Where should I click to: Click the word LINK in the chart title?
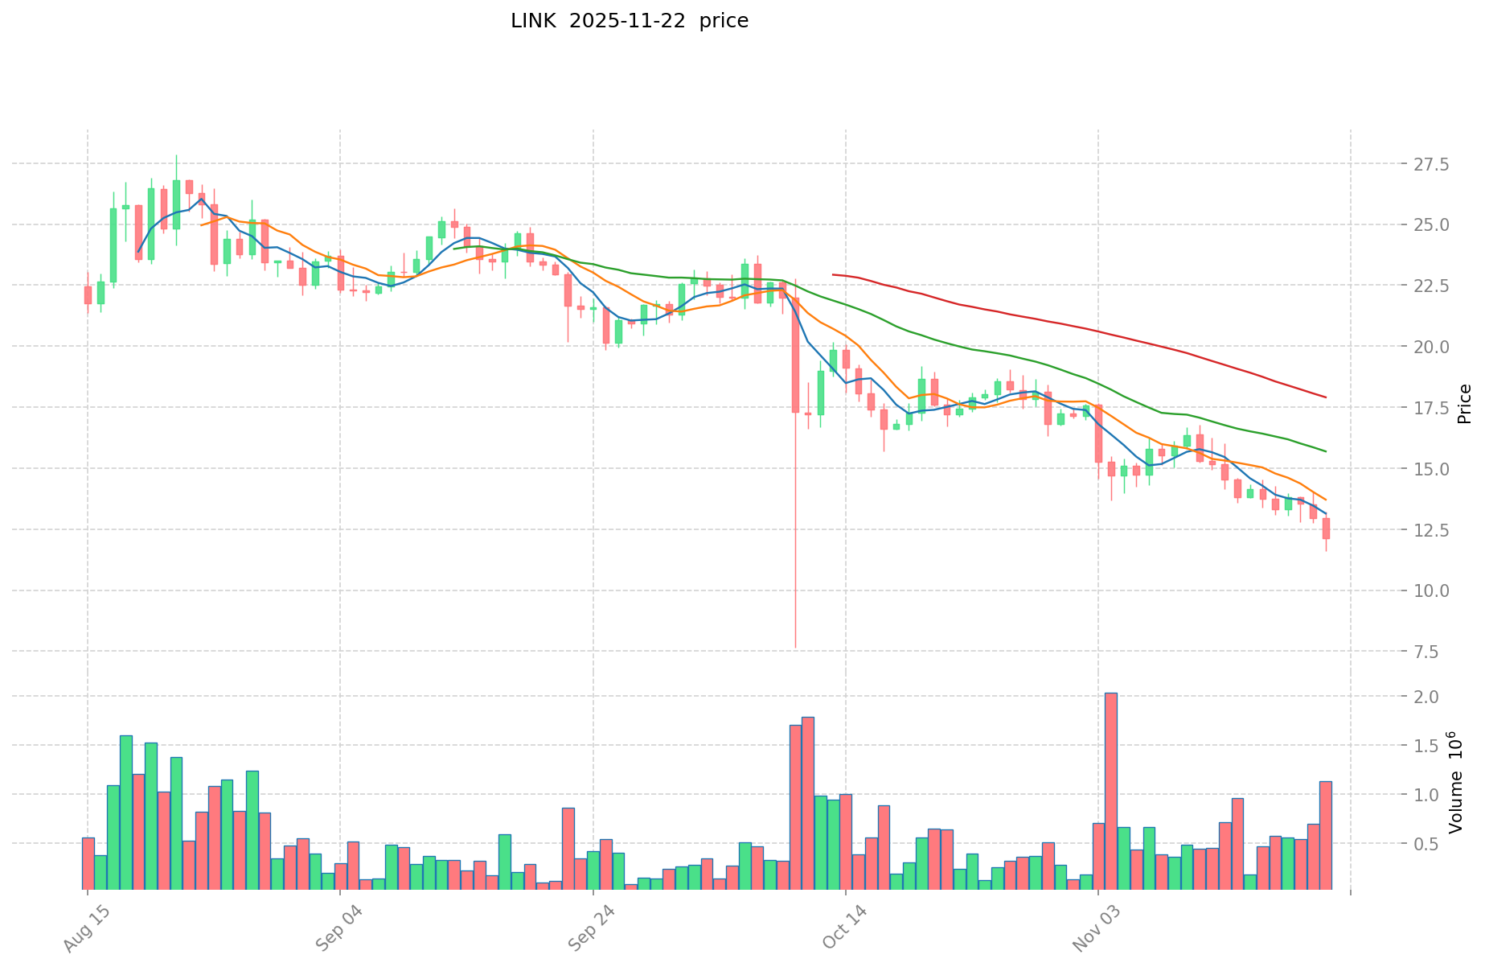[532, 21]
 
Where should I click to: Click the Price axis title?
[1464, 403]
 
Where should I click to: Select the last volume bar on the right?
[1326, 834]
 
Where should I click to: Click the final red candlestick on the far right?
[1326, 529]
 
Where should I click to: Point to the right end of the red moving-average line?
[1326, 397]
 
